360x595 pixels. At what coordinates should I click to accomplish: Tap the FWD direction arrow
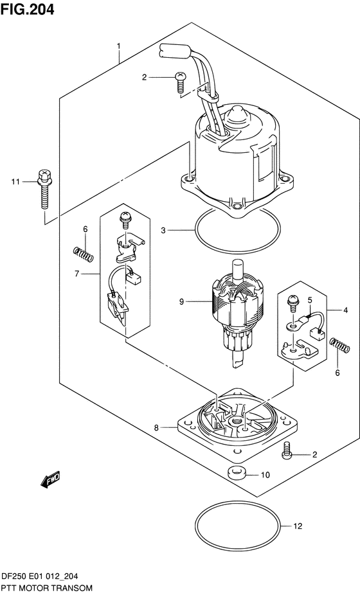51,478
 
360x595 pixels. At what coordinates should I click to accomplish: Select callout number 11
15,182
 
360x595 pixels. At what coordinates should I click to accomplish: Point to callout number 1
118,46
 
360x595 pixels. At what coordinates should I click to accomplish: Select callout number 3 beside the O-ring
163,230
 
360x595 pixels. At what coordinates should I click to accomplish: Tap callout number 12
297,528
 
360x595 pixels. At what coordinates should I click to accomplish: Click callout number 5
309,299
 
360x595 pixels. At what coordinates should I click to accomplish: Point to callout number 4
345,310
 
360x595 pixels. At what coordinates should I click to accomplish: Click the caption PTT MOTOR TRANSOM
46,588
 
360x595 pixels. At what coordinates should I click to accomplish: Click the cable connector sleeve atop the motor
174,50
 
